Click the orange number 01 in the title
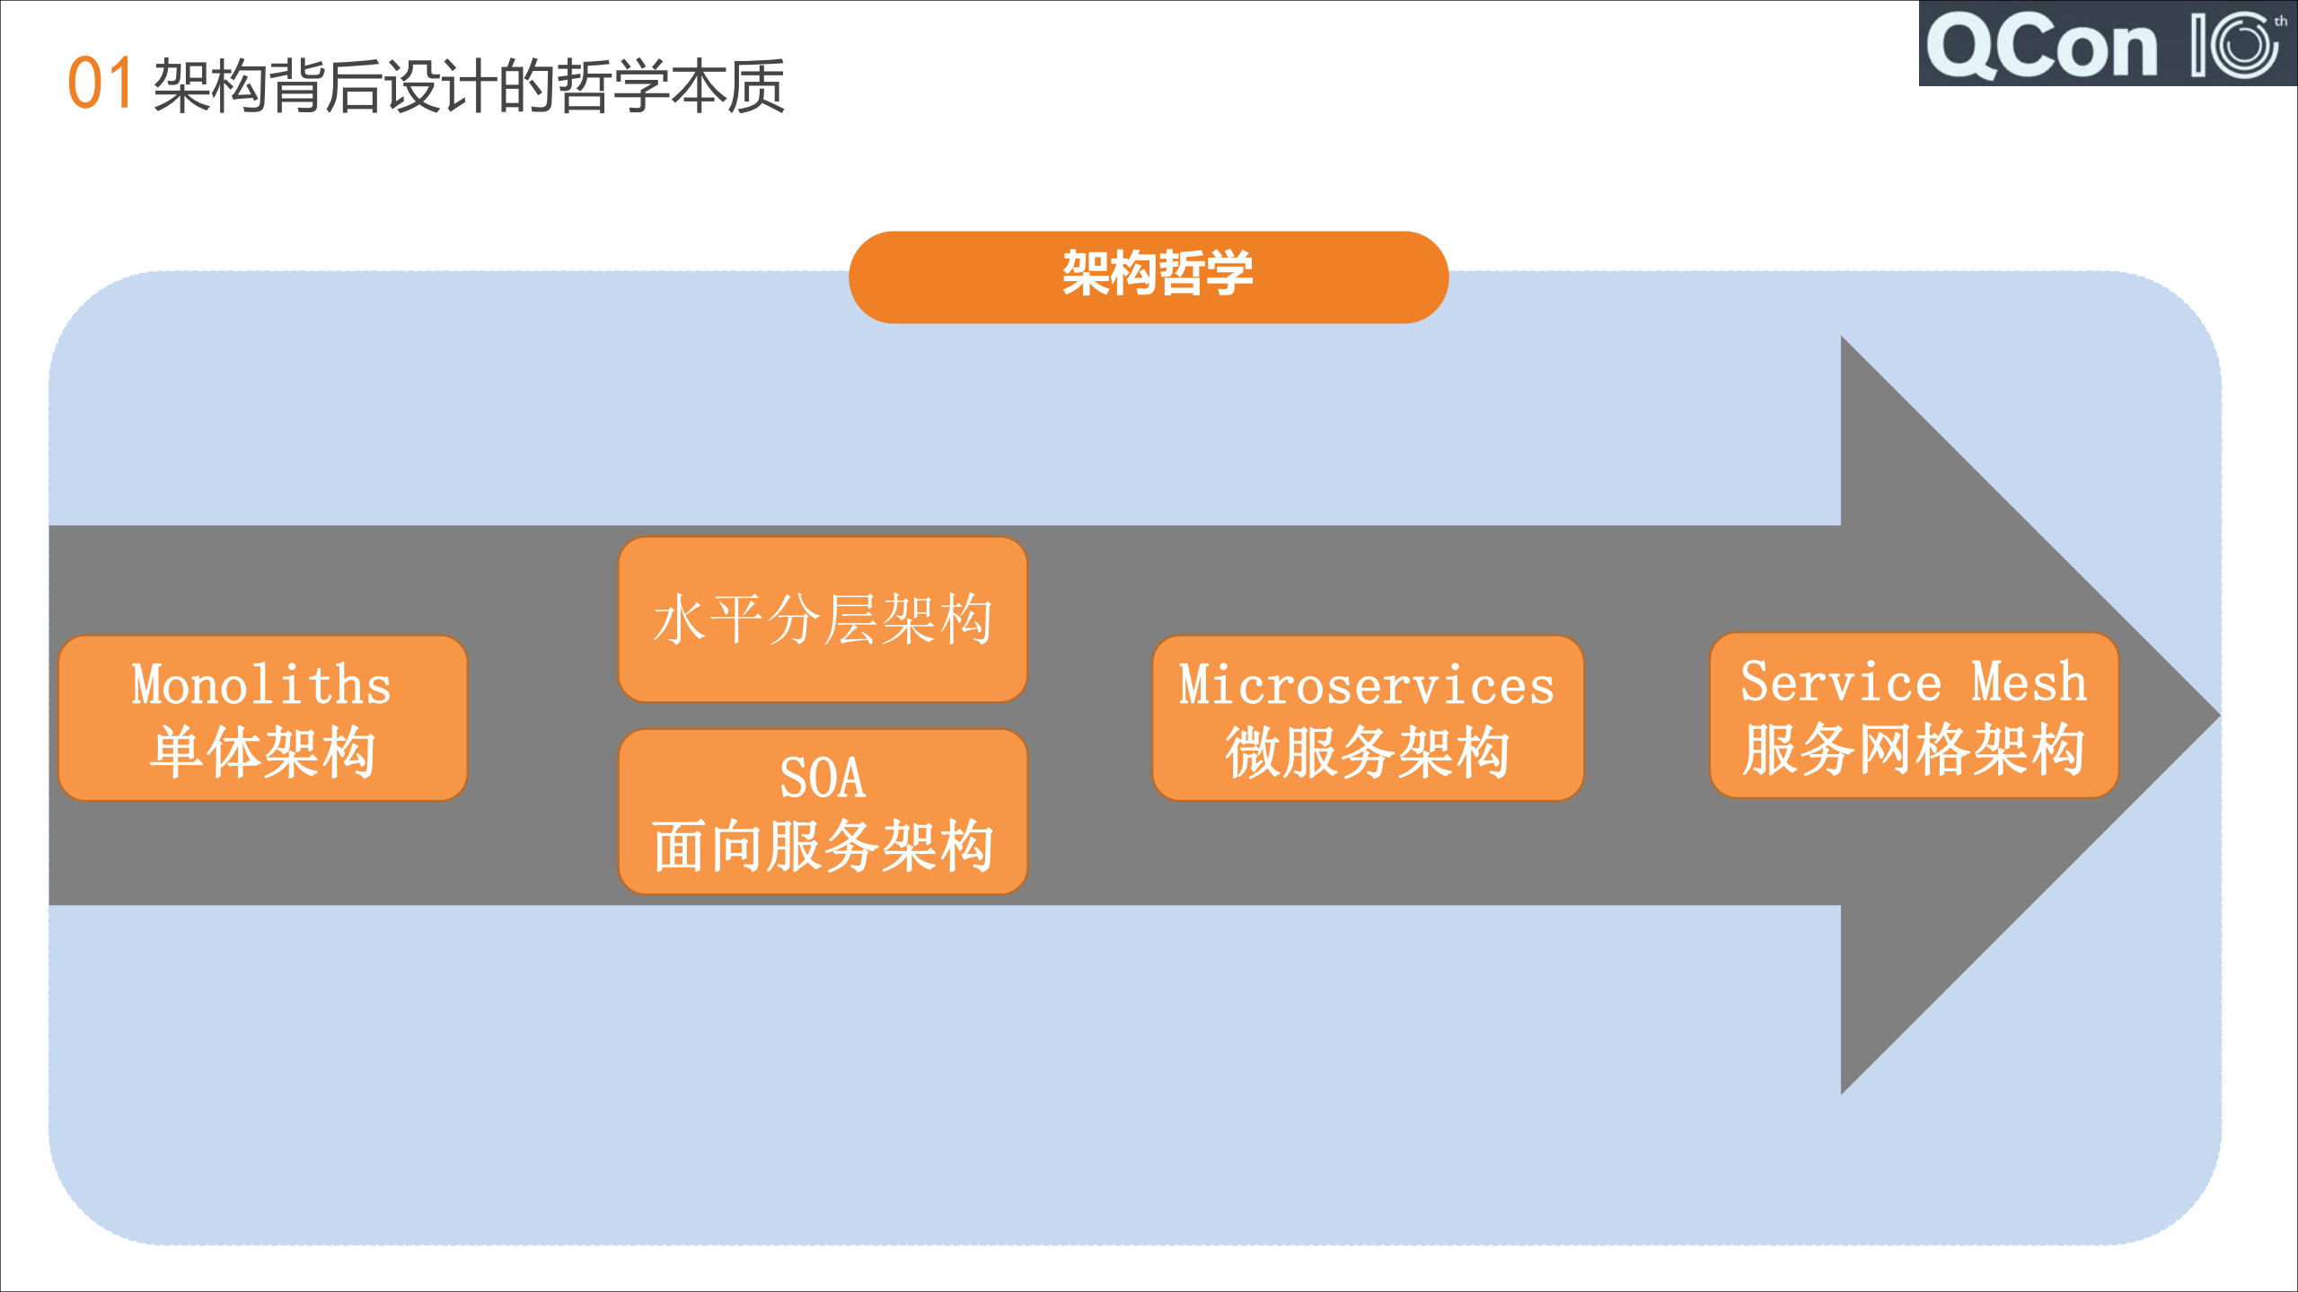101,83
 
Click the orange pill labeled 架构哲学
1148,276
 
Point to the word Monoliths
261,685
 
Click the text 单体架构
262,752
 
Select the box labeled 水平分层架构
822,620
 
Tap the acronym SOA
822,778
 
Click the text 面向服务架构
822,846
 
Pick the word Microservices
1366,686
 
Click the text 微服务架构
1367,752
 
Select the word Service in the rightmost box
1840,681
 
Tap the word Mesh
2029,681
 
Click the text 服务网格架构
1913,750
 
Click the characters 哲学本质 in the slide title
672,86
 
